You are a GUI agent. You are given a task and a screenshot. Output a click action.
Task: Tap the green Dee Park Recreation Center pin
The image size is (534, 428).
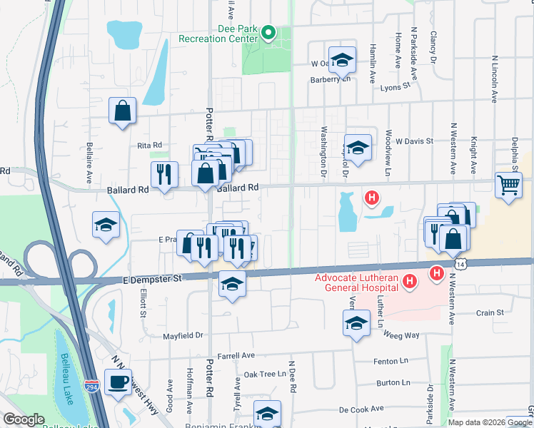tap(268, 32)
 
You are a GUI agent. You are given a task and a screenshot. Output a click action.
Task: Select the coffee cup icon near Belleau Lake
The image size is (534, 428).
tap(118, 381)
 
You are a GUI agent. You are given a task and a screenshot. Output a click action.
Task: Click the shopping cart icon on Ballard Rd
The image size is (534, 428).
tap(508, 185)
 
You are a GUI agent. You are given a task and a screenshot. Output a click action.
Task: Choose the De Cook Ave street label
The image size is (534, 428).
tap(362, 409)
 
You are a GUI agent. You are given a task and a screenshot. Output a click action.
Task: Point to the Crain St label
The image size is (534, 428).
tap(490, 312)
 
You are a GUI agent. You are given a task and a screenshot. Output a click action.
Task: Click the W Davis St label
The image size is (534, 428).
tap(415, 141)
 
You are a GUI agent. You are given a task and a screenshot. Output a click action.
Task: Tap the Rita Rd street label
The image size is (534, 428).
tap(150, 145)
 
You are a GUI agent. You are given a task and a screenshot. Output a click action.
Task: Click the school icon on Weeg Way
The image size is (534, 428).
tap(356, 325)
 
